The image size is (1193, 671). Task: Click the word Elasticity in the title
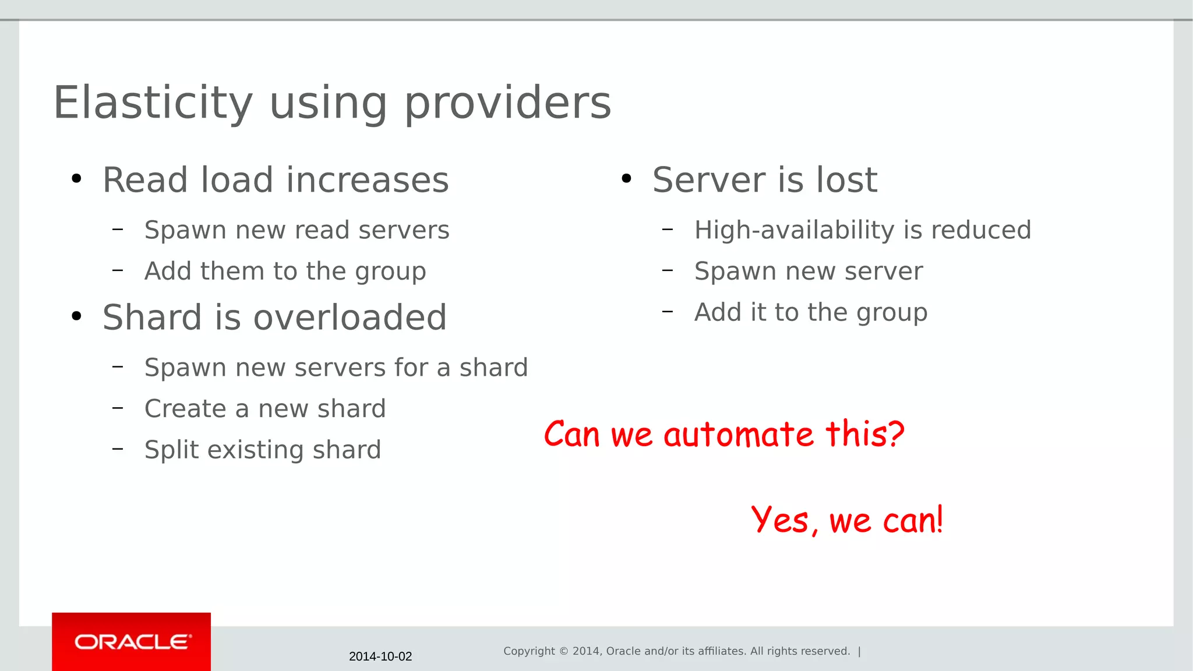pyautogui.click(x=153, y=103)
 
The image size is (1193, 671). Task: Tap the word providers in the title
pyautogui.click(x=507, y=103)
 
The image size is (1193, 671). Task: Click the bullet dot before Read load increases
pyautogui.click(x=76, y=179)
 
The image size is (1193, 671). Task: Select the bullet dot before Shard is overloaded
pyautogui.click(x=76, y=317)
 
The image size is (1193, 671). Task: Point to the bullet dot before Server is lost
pyautogui.click(x=626, y=179)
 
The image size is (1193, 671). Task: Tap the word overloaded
pyautogui.click(x=350, y=317)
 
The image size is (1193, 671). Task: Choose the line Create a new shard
pyautogui.click(x=265, y=408)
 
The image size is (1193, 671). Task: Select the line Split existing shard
pyautogui.click(x=263, y=450)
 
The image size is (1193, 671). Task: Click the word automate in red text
pyautogui.click(x=738, y=435)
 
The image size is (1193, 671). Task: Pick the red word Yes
pyautogui.click(x=781, y=520)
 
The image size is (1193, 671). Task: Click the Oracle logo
pyautogui.click(x=132, y=642)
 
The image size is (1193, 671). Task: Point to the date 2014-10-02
pyautogui.click(x=380, y=656)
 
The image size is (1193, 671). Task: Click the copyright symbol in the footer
pyautogui.click(x=563, y=651)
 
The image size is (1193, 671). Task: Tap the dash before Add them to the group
pyautogui.click(x=118, y=270)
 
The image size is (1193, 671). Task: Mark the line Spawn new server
pyautogui.click(x=809, y=271)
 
